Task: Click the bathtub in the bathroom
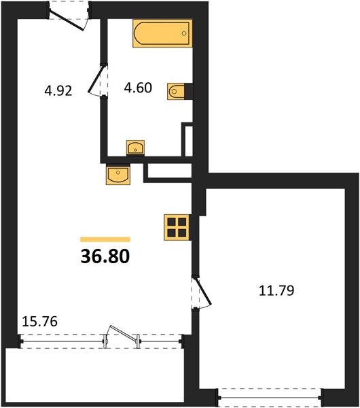click(x=162, y=33)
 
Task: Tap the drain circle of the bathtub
click(x=184, y=33)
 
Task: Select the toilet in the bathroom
click(x=176, y=91)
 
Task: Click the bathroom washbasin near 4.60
click(x=135, y=148)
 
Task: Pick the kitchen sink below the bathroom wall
click(x=118, y=174)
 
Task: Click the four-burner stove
click(x=176, y=227)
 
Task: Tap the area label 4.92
click(x=58, y=91)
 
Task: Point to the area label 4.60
click(x=138, y=88)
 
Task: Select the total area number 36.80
click(x=105, y=256)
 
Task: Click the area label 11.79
click(x=276, y=290)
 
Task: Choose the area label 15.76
click(x=40, y=322)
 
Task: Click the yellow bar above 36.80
click(x=105, y=239)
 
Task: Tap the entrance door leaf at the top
click(x=67, y=20)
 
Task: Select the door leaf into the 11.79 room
click(x=203, y=291)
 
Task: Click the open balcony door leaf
click(x=123, y=333)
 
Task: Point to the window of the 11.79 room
click(x=270, y=397)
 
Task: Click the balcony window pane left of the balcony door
click(x=62, y=341)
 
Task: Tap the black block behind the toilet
click(x=188, y=91)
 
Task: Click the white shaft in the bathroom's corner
click(x=189, y=141)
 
